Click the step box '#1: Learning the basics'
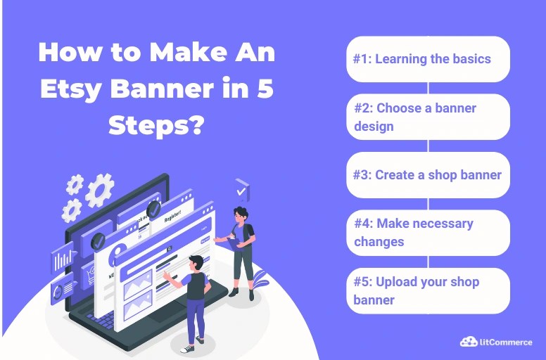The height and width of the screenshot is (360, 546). (x=428, y=59)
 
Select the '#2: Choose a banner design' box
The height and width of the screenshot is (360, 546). (x=428, y=117)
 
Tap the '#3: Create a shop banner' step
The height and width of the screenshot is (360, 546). (x=428, y=174)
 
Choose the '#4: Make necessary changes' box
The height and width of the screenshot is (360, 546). (x=428, y=232)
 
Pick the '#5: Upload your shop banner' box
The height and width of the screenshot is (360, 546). (x=428, y=290)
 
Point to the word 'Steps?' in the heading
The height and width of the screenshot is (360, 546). (x=156, y=127)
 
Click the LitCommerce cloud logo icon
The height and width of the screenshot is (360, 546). (x=469, y=342)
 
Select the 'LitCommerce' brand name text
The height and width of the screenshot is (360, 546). (x=507, y=342)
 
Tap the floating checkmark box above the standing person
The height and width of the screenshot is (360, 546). (x=242, y=190)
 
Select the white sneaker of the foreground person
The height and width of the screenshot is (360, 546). (x=186, y=347)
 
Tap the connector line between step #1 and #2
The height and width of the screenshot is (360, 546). (x=428, y=88)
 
